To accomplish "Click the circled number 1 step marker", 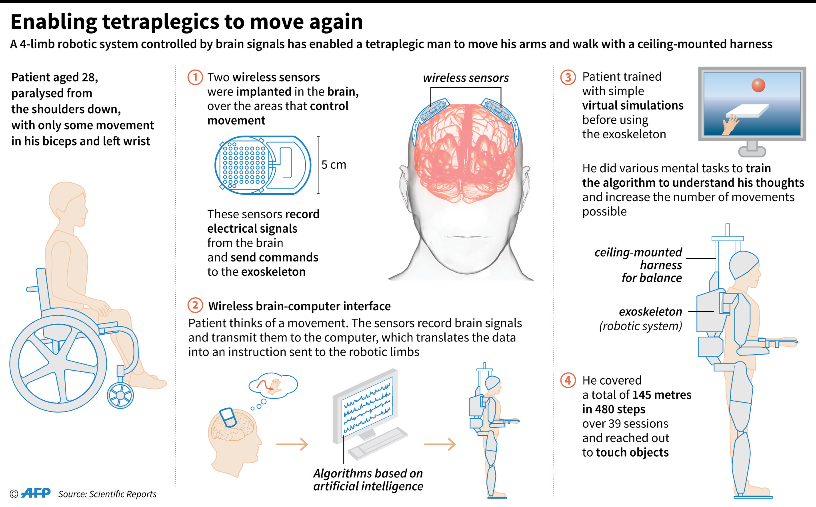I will (x=195, y=77).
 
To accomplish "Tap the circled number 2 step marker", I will (x=195, y=305).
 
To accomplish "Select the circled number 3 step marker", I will (x=568, y=77).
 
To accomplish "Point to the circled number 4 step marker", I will (x=568, y=380).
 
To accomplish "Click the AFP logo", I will (x=36, y=493).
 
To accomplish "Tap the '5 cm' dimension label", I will (x=334, y=165).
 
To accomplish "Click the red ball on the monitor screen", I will (x=758, y=85).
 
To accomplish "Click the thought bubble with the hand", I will (x=273, y=385).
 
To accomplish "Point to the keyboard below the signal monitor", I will (x=378, y=443).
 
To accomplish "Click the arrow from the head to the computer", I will (x=292, y=444).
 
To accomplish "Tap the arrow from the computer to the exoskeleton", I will (x=440, y=444).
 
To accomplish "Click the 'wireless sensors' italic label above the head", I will (x=466, y=78).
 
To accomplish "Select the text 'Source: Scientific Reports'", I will (x=107, y=494).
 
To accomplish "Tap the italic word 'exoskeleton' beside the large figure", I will (x=650, y=311).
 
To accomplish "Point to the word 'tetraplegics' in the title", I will (x=160, y=22).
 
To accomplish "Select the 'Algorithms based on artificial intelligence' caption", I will (x=368, y=480).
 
